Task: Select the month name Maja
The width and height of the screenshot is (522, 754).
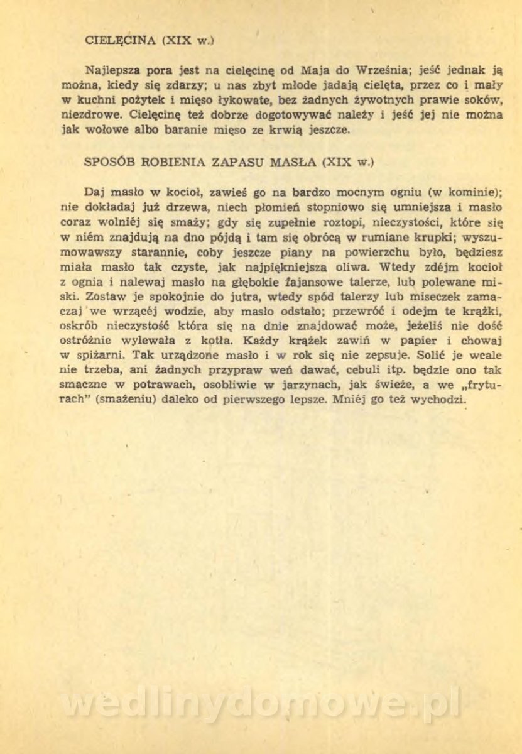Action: tap(297, 70)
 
